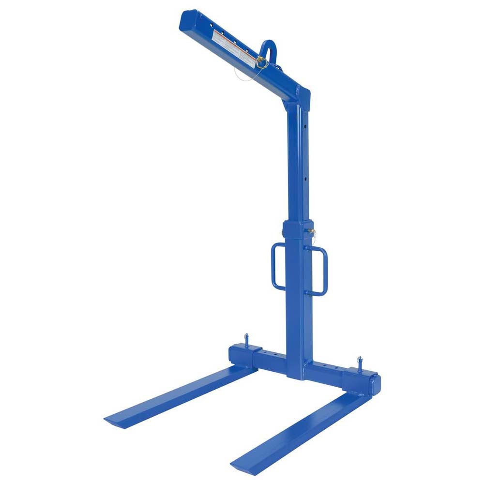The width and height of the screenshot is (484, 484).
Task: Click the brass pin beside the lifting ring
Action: tap(261, 62)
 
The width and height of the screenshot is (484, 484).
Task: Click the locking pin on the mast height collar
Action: tap(311, 232)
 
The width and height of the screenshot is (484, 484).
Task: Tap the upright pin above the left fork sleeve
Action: tap(246, 337)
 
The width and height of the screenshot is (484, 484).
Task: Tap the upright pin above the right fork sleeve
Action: tap(360, 363)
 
